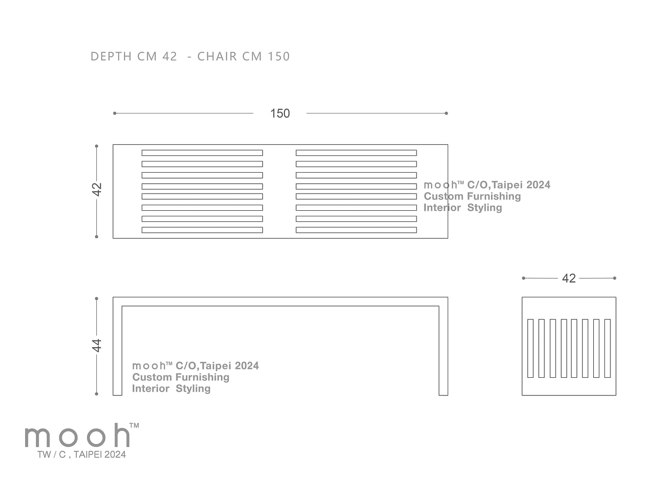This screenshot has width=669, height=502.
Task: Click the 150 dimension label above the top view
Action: (280, 114)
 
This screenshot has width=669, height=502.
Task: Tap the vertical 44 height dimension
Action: (97, 345)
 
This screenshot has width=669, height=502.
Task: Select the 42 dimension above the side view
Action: (569, 278)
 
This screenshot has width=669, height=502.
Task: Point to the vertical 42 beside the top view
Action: (97, 189)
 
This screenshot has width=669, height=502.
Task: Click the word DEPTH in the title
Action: (111, 56)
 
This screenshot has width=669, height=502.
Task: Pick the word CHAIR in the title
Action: (217, 56)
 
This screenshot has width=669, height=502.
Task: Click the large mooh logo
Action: (78, 435)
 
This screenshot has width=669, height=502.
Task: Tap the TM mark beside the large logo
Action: (134, 425)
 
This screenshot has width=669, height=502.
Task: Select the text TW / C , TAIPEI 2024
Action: (81, 455)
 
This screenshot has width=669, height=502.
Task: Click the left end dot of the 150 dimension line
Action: (114, 113)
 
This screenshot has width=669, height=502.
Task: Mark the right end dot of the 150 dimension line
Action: (446, 113)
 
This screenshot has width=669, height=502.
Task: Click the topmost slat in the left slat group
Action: (202, 153)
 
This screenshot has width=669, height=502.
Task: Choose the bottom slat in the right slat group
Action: (356, 230)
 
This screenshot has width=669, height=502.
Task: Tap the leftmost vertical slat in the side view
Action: (530, 348)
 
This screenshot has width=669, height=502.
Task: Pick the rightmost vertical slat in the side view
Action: (608, 348)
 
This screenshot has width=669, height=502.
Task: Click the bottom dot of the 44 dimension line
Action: (97, 394)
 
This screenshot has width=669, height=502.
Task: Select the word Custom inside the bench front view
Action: (152, 377)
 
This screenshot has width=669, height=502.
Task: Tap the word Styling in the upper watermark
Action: (484, 207)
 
